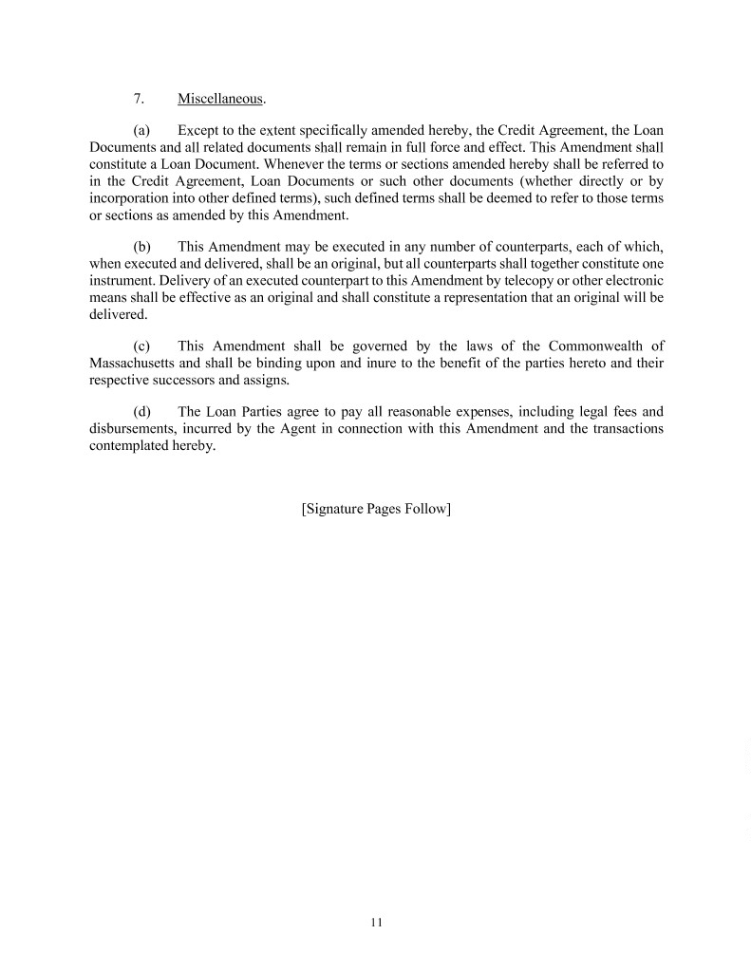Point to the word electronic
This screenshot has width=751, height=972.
click(626, 281)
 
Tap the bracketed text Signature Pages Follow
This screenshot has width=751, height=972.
click(375, 510)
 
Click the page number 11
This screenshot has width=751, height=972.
click(376, 922)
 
